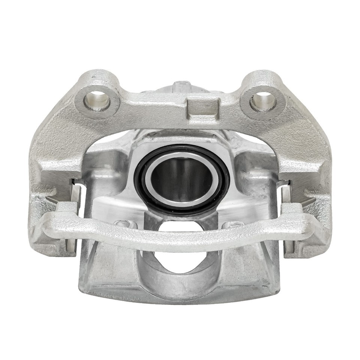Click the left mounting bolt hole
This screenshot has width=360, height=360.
click(x=97, y=99)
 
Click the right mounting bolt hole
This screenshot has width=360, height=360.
click(x=263, y=99)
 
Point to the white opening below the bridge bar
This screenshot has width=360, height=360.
click(x=179, y=262)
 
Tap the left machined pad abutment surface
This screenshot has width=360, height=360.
click(x=56, y=184)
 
